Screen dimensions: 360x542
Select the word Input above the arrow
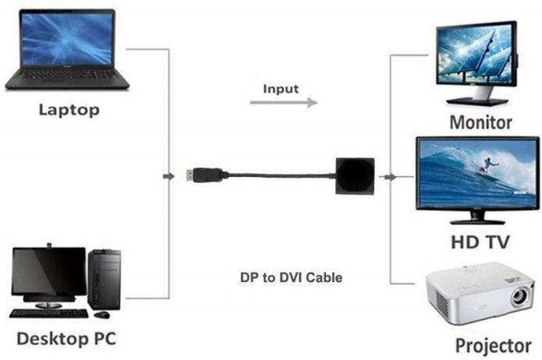point(281,88)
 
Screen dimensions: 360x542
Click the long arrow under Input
point(283,103)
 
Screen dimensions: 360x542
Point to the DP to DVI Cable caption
point(291,277)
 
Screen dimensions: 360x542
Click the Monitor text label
point(480,122)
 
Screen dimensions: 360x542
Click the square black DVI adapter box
point(356,177)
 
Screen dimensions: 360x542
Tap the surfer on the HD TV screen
point(487,163)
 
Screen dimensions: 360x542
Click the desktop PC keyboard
point(49,312)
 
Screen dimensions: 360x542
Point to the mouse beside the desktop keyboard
point(101,315)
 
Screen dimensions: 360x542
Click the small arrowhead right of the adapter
point(389,178)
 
